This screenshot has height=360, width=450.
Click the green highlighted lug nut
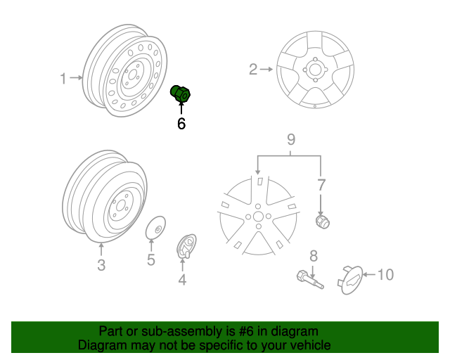[184, 94]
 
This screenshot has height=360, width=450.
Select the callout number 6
[181, 124]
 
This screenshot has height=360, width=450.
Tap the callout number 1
[63, 79]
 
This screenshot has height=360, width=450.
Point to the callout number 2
[253, 69]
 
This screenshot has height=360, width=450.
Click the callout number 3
[101, 265]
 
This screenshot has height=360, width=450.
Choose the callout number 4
[182, 281]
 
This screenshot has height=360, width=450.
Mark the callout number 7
[321, 186]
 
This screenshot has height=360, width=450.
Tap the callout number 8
[314, 255]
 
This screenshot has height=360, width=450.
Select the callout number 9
[290, 139]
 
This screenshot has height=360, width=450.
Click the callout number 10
[386, 274]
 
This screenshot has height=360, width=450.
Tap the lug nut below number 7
[323, 221]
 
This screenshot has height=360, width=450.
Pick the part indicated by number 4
[186, 246]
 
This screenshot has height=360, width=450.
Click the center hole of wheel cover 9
[258, 217]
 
